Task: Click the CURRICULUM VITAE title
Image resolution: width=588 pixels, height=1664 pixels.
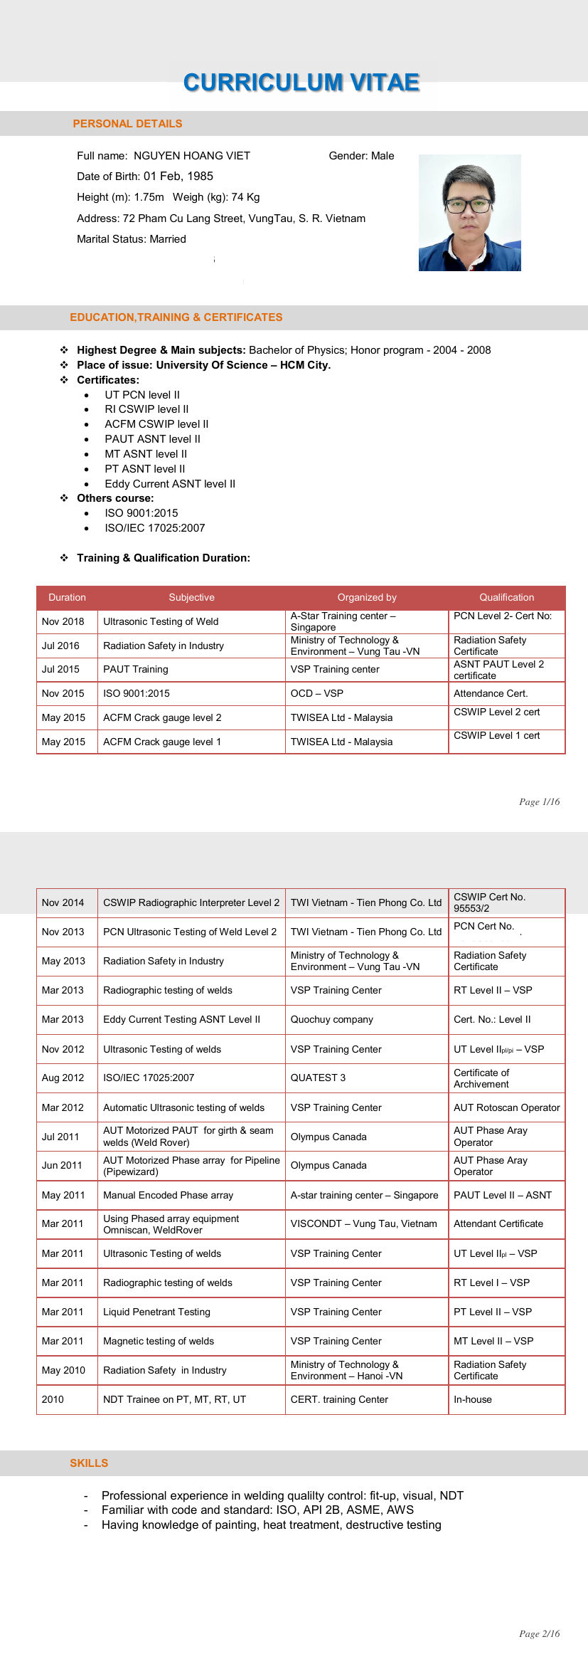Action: point(301,83)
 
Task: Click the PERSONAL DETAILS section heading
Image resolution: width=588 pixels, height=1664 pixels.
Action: point(127,124)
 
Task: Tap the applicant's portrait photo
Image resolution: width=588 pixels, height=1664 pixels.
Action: point(469,213)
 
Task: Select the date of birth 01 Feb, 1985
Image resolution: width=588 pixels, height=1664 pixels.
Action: point(178,177)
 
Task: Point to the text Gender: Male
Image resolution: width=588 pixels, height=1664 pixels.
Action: point(361,156)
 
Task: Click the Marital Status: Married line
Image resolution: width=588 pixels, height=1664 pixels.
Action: point(132,239)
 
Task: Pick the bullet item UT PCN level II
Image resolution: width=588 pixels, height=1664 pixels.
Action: point(142,395)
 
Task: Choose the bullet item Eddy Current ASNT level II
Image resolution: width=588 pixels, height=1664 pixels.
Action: point(170,484)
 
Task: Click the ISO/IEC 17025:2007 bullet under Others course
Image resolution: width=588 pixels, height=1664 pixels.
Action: point(155,528)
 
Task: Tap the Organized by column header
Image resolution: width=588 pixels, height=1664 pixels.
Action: point(367,598)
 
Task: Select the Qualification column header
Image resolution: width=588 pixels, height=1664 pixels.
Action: point(506,598)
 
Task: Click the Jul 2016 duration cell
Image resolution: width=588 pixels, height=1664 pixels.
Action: point(60,646)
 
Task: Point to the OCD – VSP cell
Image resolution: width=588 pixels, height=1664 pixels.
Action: point(316,693)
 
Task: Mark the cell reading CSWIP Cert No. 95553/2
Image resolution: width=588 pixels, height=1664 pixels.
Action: point(489,902)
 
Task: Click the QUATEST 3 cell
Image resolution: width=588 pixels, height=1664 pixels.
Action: point(318,1078)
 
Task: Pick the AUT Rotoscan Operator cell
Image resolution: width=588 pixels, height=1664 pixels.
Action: point(506,1107)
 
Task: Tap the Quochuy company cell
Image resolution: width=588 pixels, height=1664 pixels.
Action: point(331,1019)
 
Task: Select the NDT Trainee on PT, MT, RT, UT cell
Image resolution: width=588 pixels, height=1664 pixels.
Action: point(174,1399)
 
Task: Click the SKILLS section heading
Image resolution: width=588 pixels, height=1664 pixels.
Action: point(89,1463)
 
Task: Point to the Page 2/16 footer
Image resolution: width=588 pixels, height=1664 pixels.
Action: point(539,1633)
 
